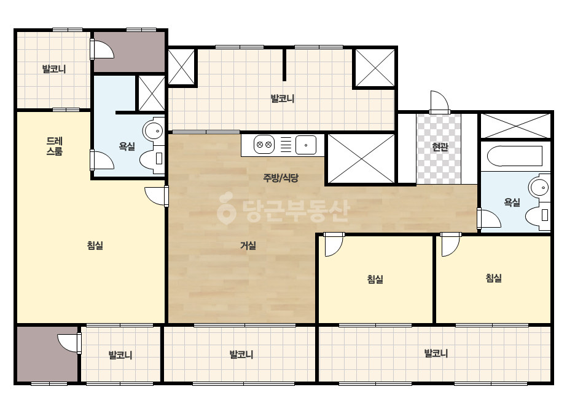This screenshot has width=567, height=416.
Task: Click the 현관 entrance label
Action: click(440, 146)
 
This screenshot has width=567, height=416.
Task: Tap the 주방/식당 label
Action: click(281, 178)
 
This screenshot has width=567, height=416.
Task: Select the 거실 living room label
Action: click(248, 246)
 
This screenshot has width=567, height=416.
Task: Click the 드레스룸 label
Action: click(54, 146)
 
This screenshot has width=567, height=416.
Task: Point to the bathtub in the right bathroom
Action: click(515, 156)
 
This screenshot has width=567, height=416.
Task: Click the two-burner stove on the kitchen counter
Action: click(264, 145)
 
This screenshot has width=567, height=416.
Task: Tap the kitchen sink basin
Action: click(306, 145)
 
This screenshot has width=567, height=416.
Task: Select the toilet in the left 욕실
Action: click(152, 160)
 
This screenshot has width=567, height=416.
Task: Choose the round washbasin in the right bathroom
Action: click(539, 188)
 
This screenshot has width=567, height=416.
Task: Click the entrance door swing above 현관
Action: click(439, 102)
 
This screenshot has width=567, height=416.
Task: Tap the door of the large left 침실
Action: click(156, 196)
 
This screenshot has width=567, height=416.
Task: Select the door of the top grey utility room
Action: click(102, 49)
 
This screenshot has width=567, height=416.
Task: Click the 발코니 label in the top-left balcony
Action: click(54, 69)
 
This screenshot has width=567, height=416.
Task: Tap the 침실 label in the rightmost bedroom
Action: click(494, 278)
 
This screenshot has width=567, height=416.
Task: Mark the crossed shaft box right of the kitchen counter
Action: click(361, 158)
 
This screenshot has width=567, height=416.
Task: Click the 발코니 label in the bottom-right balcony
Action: click(436, 353)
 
